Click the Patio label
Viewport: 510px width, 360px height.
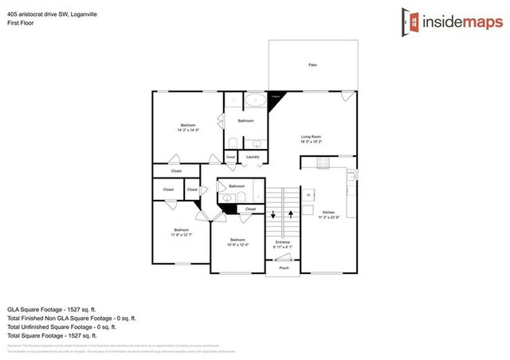[x=312, y=64]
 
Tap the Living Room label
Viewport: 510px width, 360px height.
[x=311, y=137]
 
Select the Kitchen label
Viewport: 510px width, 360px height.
[x=329, y=211]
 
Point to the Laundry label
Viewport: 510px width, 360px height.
[x=253, y=157]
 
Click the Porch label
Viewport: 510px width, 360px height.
[x=284, y=268]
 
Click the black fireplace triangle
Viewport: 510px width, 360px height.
[x=277, y=96]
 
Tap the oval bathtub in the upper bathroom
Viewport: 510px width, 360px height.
[x=255, y=100]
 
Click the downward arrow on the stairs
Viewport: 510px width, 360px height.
[x=273, y=214]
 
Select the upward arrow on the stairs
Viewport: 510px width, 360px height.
[x=292, y=214]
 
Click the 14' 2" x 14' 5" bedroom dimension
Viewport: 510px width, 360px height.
[x=188, y=130]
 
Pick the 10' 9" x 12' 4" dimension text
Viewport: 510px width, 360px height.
[x=237, y=245]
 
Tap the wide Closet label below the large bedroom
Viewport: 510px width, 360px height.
[x=177, y=171]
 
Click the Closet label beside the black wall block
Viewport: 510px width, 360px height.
[x=250, y=209]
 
